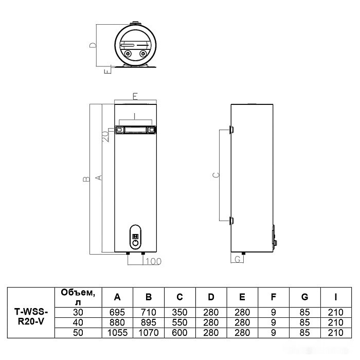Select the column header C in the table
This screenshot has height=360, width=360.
point(179,297)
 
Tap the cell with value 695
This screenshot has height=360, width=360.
point(117,312)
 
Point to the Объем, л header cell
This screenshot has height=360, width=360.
point(78,297)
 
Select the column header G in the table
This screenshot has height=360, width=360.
point(304,297)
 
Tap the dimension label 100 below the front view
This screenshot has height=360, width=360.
point(154,262)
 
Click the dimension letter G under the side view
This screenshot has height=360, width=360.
point(237,260)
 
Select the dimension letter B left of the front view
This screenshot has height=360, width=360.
point(85,178)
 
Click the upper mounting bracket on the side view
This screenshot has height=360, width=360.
point(231,128)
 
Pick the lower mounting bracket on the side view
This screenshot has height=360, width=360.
point(231,220)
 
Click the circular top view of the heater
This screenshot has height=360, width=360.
point(136,45)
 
